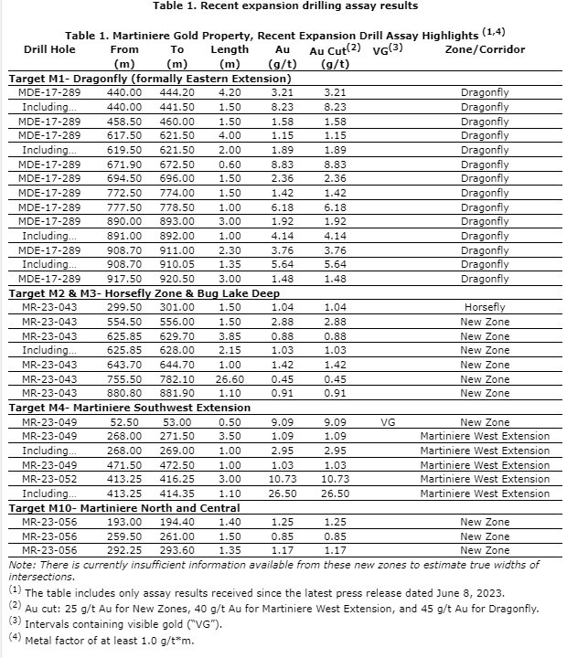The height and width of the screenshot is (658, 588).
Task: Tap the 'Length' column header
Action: [229, 49]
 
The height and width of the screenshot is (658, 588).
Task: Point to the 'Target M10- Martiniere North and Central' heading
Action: [116, 507]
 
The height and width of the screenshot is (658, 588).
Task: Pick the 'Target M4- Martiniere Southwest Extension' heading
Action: [129, 408]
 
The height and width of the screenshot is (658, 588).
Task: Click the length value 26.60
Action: [229, 378]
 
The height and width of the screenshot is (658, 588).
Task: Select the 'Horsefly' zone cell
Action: [485, 307]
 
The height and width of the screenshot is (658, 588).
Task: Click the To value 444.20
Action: [177, 93]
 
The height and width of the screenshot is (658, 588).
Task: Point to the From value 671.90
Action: [124, 164]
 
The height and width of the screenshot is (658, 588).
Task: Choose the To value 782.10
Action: [177, 378]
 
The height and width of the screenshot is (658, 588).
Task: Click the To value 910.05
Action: [177, 264]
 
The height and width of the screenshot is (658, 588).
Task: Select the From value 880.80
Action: [124, 393]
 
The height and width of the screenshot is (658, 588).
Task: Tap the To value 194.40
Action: [177, 522]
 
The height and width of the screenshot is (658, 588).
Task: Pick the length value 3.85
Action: [229, 335]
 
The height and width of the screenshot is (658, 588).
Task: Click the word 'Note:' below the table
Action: [20, 566]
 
